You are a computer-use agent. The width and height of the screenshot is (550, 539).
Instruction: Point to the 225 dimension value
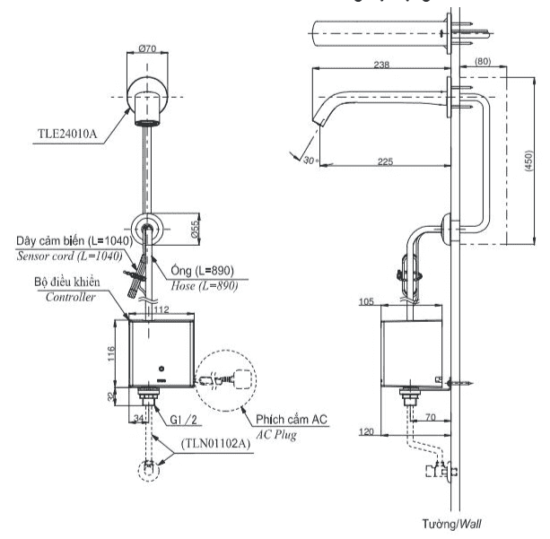(x=385, y=161)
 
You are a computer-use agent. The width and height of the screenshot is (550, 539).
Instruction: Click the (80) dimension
(x=481, y=63)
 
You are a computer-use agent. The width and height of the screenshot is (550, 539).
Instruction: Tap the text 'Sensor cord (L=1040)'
(x=74, y=256)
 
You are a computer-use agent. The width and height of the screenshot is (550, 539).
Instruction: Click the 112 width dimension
(x=162, y=310)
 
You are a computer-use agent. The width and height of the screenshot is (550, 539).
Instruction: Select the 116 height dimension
(x=112, y=352)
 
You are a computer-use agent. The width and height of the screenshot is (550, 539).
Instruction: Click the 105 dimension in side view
(x=366, y=303)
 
